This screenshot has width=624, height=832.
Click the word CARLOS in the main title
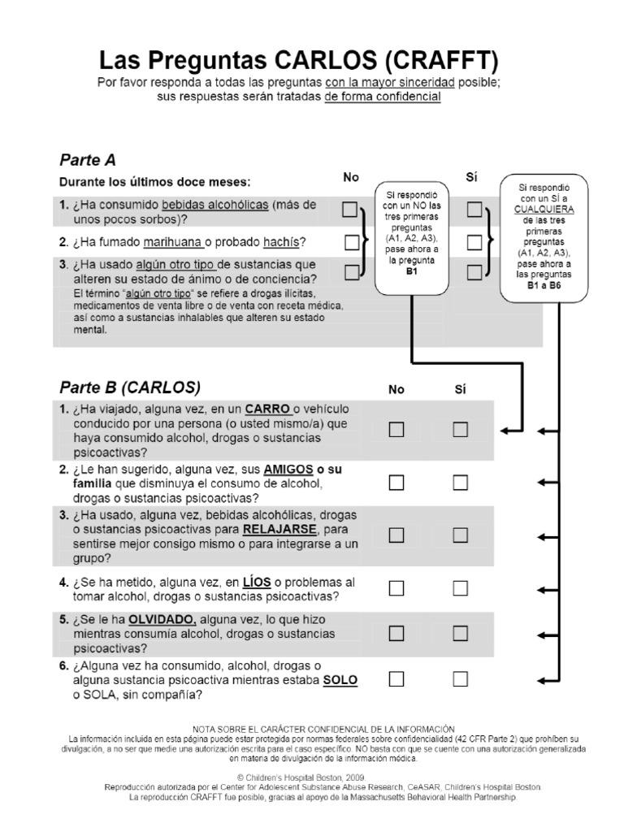point(324,61)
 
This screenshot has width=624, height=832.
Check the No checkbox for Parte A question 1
point(350,210)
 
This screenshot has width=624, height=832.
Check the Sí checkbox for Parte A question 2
point(474,242)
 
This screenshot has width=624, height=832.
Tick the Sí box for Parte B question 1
point(461,429)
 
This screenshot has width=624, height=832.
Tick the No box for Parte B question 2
point(396,483)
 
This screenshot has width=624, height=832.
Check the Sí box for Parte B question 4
point(461,587)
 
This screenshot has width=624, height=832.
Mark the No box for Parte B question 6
point(396,678)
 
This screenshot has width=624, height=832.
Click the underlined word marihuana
point(172,242)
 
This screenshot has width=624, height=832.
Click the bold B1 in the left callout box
point(412,272)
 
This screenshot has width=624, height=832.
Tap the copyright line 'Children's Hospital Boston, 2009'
point(312,778)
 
